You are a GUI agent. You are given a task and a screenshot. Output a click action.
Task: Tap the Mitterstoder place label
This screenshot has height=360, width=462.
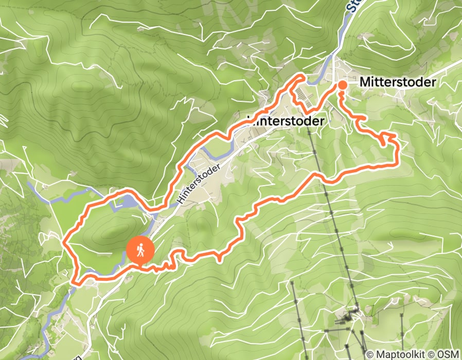click(398, 82)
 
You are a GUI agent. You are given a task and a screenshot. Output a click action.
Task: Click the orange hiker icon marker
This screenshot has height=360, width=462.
click(140, 250)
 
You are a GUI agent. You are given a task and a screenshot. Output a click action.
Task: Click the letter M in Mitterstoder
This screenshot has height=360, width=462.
click(365, 82)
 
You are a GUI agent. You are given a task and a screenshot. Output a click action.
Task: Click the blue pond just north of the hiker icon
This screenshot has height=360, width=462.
click(126, 202)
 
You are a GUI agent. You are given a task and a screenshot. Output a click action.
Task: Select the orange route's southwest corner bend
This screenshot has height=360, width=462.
click(76, 282)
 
